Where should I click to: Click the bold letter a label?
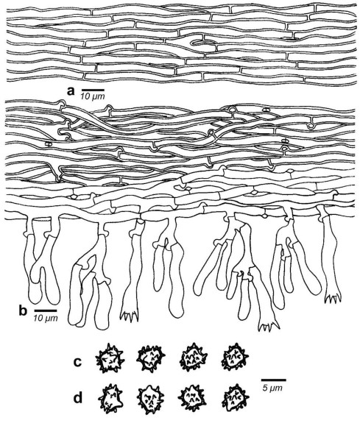coord(71,91)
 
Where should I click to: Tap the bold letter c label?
coord(78,362)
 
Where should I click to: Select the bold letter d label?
coord(78,398)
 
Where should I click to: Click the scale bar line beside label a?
coord(93,89)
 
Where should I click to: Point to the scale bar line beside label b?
coord(46,310)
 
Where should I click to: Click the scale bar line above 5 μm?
coord(274,380)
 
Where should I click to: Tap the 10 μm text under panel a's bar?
coord(93,96)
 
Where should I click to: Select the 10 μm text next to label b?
coord(46,317)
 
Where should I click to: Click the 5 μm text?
coord(272,388)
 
